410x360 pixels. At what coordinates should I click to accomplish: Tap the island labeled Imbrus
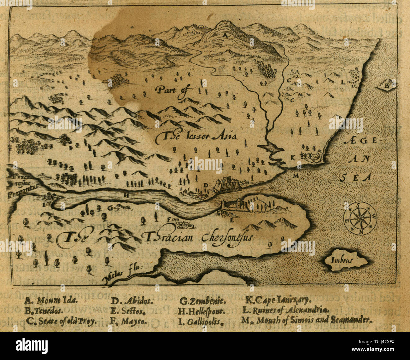pyautogui.click(x=344, y=260)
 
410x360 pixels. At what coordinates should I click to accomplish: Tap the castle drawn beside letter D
pyautogui.click(x=226, y=183)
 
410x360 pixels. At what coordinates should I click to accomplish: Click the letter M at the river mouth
pyautogui.click(x=295, y=176)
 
